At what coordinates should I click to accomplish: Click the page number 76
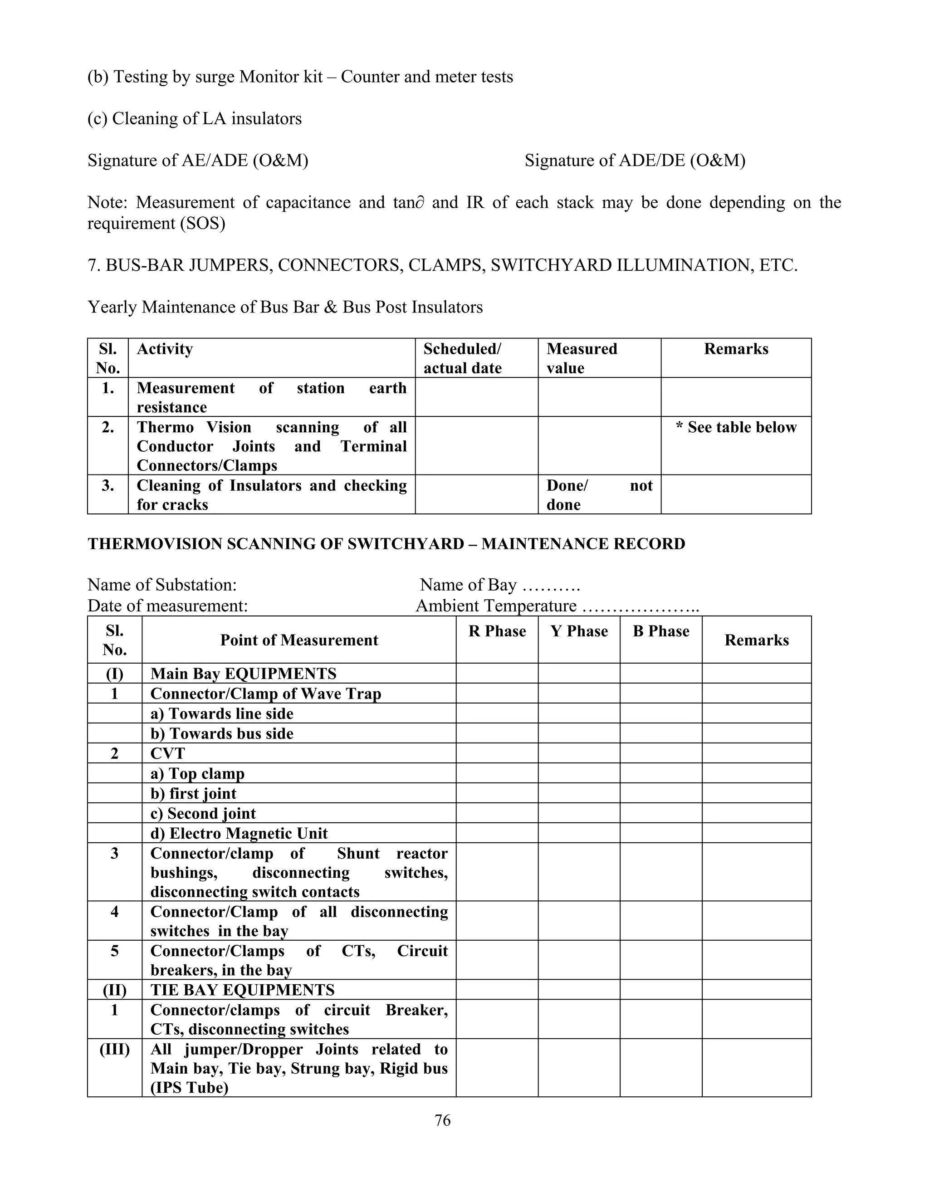(x=442, y=1120)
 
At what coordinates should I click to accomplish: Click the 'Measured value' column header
(x=582, y=358)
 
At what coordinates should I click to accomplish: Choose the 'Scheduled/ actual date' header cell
(x=462, y=358)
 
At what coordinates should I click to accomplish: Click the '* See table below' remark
(x=736, y=427)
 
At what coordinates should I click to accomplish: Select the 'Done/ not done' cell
(x=599, y=495)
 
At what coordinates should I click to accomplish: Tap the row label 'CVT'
(x=168, y=753)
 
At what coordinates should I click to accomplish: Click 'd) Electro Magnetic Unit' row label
(x=239, y=833)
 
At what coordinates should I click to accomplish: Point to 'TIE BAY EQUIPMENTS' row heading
(x=242, y=990)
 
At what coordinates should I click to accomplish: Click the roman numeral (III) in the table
(x=114, y=1049)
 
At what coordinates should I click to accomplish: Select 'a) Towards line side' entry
(x=222, y=713)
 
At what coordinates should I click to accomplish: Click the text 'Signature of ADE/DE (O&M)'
(x=635, y=160)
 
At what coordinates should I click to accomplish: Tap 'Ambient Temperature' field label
(x=496, y=606)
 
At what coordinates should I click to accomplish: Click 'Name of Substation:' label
(x=162, y=585)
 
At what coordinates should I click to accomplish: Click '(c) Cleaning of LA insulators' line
(x=194, y=118)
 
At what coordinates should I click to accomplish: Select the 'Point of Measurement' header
(x=299, y=640)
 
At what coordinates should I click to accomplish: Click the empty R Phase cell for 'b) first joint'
(x=497, y=793)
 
